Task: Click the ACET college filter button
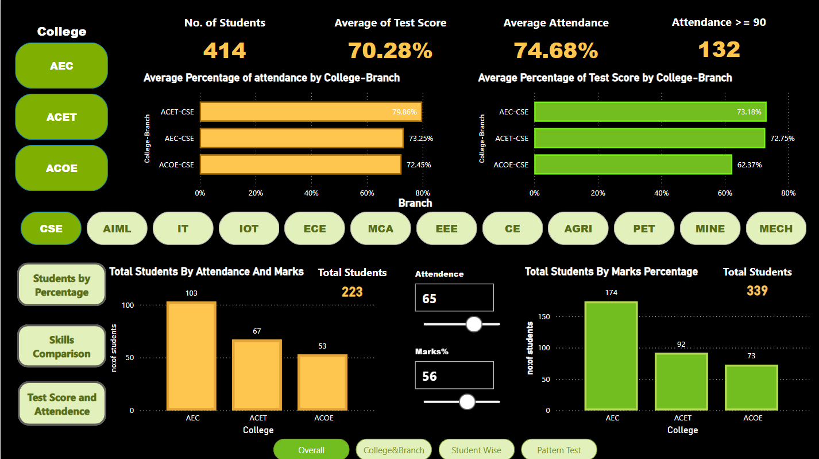(x=61, y=117)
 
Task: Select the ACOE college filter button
(x=61, y=168)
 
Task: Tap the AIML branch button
(x=117, y=228)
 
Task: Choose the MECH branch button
(x=775, y=228)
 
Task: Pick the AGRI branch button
(x=578, y=228)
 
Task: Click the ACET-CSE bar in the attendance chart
(x=311, y=112)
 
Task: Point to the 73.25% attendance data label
(x=421, y=139)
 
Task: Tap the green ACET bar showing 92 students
(x=681, y=381)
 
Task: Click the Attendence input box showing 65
(x=454, y=298)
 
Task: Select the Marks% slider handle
(x=468, y=401)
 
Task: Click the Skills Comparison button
(x=61, y=346)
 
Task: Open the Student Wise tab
(x=476, y=450)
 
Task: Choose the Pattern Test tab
(x=559, y=450)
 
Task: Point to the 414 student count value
(x=225, y=51)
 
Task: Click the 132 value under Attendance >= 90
(x=719, y=50)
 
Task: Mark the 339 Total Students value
(x=757, y=291)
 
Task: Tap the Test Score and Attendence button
(x=61, y=404)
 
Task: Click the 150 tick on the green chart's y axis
(x=544, y=316)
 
